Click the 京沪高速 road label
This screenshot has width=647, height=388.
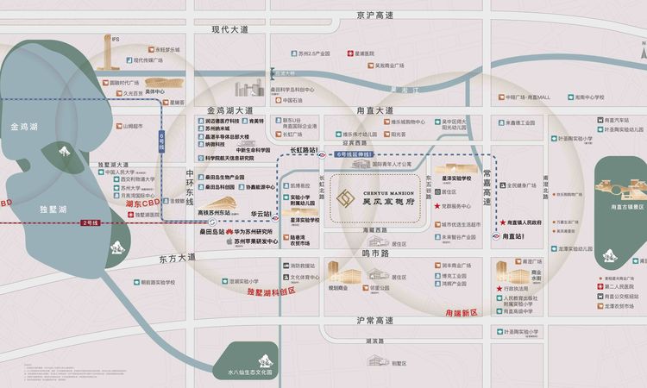(x=374, y=16)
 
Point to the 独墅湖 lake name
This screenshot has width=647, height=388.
(x=54, y=210)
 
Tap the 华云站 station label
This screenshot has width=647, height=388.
(x=260, y=212)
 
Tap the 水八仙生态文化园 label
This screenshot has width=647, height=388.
(x=249, y=372)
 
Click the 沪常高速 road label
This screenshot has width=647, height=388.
(x=374, y=320)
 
